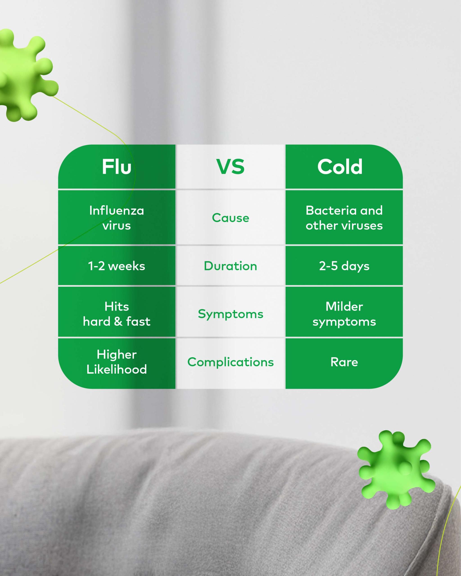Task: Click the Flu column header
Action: point(117,167)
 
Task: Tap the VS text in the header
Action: point(230,167)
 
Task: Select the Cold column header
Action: point(340,167)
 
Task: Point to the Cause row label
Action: point(230,218)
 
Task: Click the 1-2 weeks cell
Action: point(117,266)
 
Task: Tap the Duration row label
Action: point(230,266)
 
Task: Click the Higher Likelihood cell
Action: point(117,362)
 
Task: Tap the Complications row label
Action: point(230,362)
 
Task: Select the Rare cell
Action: point(344,362)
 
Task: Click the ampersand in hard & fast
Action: point(118,321)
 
